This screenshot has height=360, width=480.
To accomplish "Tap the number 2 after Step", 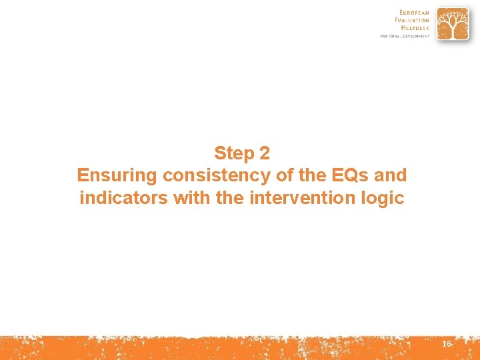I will (x=265, y=153).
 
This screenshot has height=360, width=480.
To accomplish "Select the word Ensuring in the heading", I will (x=117, y=175).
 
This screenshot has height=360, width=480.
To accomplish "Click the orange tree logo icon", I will (x=453, y=25).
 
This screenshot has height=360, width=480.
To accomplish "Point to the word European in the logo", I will (x=415, y=12).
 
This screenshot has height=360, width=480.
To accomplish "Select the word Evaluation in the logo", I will (x=413, y=20).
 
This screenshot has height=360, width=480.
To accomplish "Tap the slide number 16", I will (x=447, y=343).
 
